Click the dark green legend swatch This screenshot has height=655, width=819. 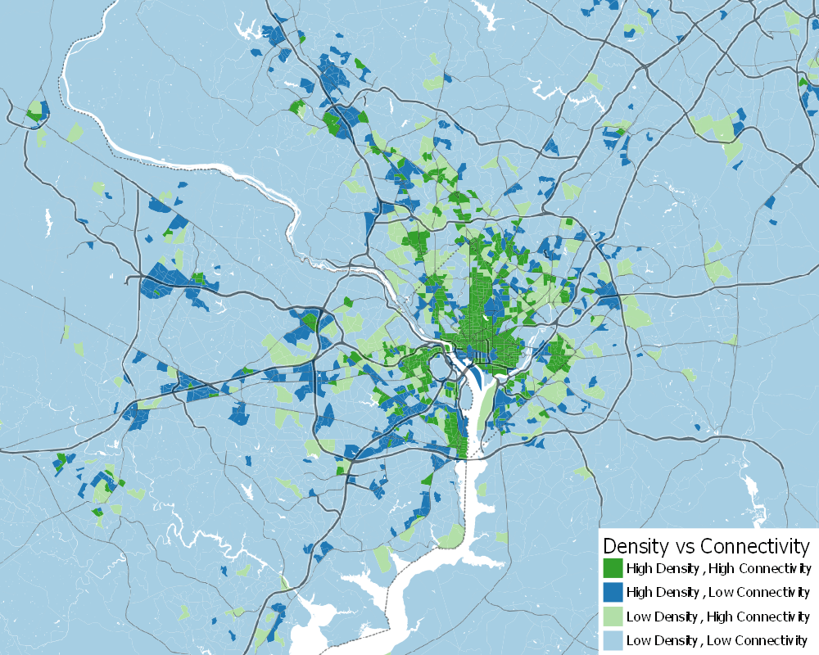(613, 568)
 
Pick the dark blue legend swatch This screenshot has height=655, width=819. (613, 592)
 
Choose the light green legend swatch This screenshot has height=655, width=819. (613, 616)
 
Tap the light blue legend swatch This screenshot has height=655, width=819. (613, 639)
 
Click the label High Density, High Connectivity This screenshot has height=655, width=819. (718, 568)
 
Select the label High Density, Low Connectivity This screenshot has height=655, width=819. (718, 592)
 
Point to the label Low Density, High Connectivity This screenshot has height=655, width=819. (718, 616)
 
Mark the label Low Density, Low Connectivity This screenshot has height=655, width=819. (717, 639)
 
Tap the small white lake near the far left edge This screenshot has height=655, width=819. (48, 219)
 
